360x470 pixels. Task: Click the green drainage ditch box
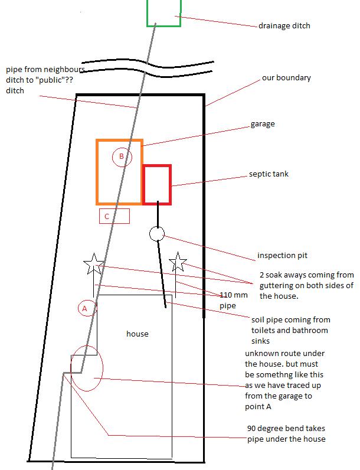(x=148, y=14)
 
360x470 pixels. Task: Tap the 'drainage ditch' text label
(x=284, y=26)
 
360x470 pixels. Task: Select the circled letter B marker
(x=122, y=157)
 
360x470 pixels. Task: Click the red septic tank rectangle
(x=143, y=185)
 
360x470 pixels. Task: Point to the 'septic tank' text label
(x=269, y=174)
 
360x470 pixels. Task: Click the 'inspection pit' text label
(x=282, y=256)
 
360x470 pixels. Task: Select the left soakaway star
(x=94, y=264)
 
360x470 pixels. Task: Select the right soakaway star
(x=178, y=262)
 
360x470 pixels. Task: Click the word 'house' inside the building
(x=137, y=334)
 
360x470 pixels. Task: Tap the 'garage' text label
(x=263, y=124)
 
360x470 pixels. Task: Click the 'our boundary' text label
(x=286, y=78)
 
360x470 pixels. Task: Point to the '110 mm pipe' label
(x=234, y=301)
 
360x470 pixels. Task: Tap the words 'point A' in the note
(x=258, y=407)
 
